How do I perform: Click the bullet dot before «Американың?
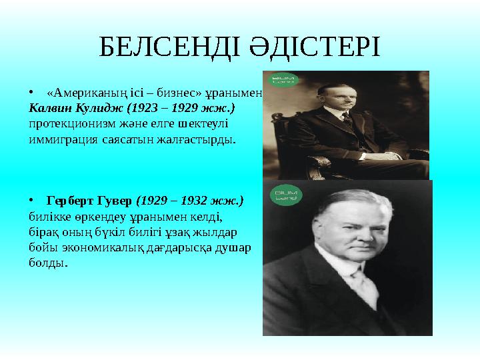[x=32, y=92]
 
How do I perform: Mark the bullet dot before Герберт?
[x=32, y=201]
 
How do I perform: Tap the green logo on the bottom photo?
[x=285, y=195]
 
